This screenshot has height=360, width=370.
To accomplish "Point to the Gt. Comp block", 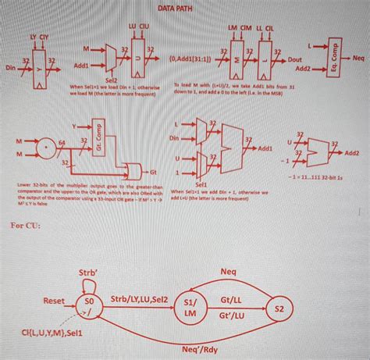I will click(x=98, y=135).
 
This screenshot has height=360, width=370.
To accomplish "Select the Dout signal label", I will click(x=296, y=59).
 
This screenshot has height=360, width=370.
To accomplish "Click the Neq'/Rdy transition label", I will click(x=197, y=350).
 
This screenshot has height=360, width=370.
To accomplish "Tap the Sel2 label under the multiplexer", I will click(x=111, y=79).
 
